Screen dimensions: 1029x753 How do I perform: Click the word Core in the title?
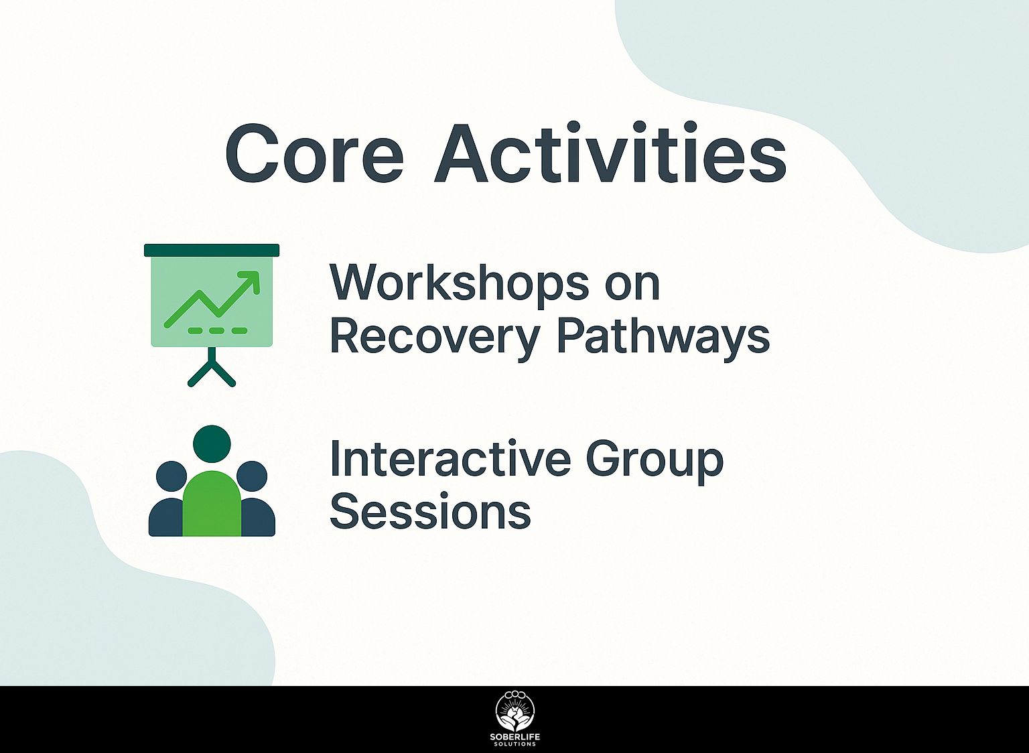coord(314,154)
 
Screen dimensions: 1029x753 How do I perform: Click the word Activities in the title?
coord(610,151)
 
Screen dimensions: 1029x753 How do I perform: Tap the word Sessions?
coord(431,513)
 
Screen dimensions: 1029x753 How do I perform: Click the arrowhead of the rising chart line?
coord(251,281)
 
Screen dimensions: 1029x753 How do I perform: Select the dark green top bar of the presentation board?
coord(212,250)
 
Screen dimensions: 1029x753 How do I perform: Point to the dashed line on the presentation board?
coord(217,330)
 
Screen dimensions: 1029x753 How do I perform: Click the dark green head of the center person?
coord(212,443)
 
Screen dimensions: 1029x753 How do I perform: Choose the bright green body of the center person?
coord(212,504)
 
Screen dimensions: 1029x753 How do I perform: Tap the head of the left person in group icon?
coord(171,476)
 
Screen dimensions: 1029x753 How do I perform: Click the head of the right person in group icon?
coord(252,476)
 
